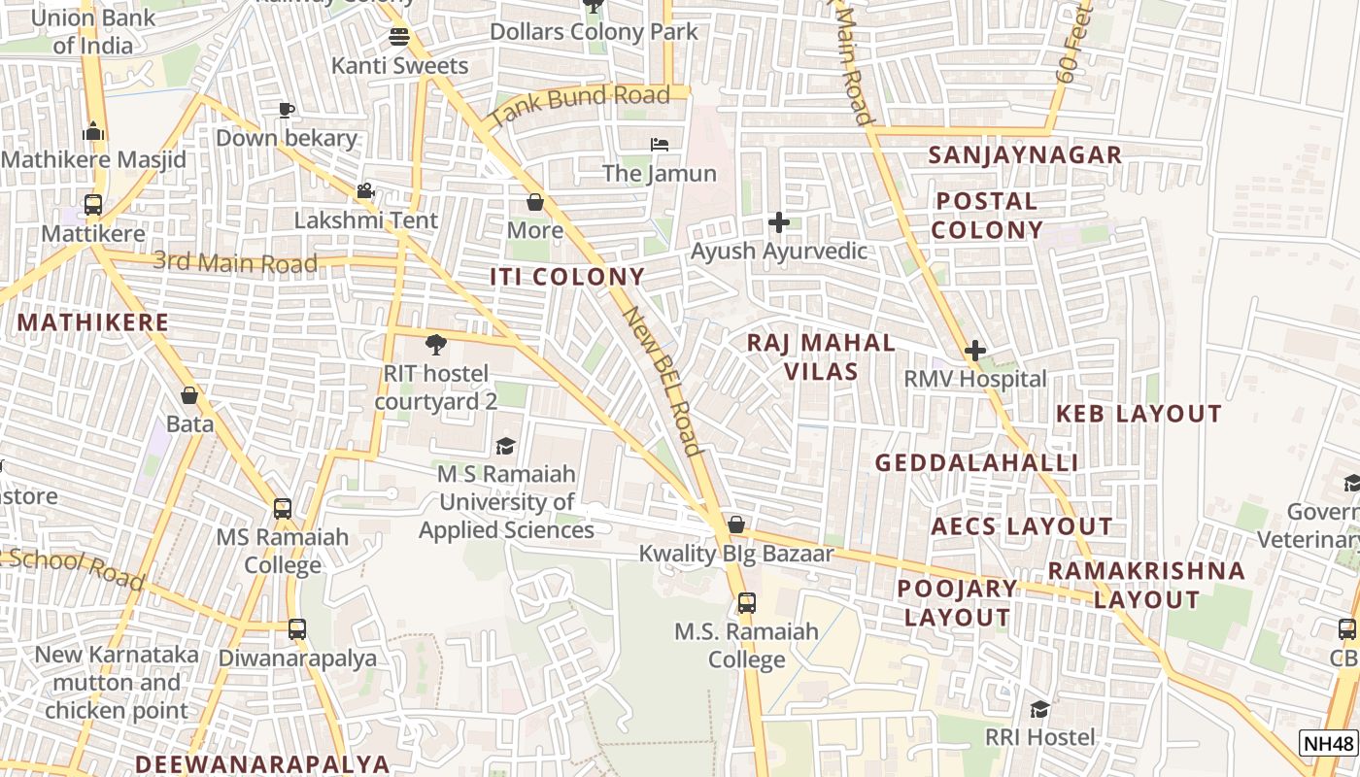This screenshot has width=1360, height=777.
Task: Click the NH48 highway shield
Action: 1328,744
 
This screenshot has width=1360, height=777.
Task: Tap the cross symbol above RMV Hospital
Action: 975,351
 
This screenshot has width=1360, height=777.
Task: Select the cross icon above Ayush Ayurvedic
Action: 778,222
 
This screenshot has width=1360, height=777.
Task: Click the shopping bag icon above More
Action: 534,202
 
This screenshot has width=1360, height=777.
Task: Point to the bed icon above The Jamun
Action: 660,145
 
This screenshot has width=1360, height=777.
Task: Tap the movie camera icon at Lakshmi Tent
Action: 365,191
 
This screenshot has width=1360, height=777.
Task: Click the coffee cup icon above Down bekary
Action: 286,110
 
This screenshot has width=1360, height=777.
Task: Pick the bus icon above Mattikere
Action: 93,205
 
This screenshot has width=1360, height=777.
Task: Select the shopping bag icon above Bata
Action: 189,395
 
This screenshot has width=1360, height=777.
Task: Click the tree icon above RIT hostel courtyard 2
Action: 435,343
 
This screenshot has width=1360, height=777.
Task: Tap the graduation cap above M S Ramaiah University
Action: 505,446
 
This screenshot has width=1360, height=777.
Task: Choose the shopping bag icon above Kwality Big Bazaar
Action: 736,525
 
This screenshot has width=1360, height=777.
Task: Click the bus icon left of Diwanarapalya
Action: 297,629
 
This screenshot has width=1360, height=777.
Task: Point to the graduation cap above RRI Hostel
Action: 1039,709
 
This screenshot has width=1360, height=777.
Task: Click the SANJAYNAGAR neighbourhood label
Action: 1025,155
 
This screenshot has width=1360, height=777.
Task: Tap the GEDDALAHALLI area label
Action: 976,462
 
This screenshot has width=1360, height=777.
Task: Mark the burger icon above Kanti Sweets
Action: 399,37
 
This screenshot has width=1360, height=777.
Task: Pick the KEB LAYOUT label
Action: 1138,414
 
